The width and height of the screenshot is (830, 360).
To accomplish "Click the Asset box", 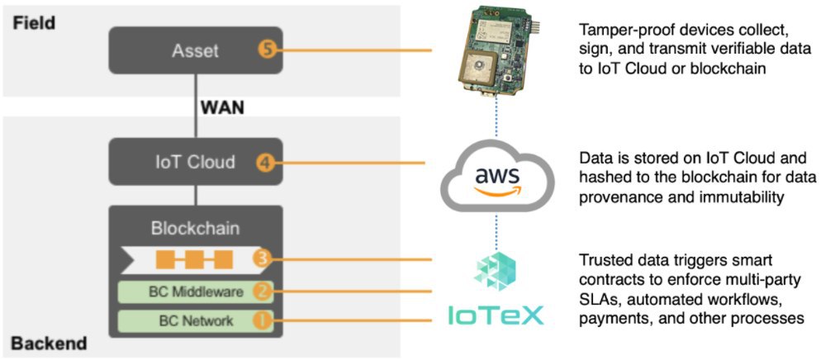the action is pos(196,51).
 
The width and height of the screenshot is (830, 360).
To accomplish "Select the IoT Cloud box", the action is pos(196,162).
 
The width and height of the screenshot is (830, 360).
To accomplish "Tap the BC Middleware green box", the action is pos(196,291).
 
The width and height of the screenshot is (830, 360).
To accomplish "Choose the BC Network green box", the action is pos(196,321).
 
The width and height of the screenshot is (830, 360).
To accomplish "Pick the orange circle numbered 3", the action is pos(261,259).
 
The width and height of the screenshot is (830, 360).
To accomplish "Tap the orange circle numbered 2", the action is pos(261,291).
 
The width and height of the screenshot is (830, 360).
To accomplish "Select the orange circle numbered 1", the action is pos(261,321).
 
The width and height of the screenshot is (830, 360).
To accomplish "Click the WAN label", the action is pos(222,107).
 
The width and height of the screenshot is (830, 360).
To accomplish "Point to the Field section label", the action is pos(34,23).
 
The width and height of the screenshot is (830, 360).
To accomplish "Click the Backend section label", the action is pos(49,343).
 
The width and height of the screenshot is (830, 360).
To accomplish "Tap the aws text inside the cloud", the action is pos(497,175).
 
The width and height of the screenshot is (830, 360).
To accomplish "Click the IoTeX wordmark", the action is pos(496,316).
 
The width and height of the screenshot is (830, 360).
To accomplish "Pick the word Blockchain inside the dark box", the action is pos(196,228).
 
